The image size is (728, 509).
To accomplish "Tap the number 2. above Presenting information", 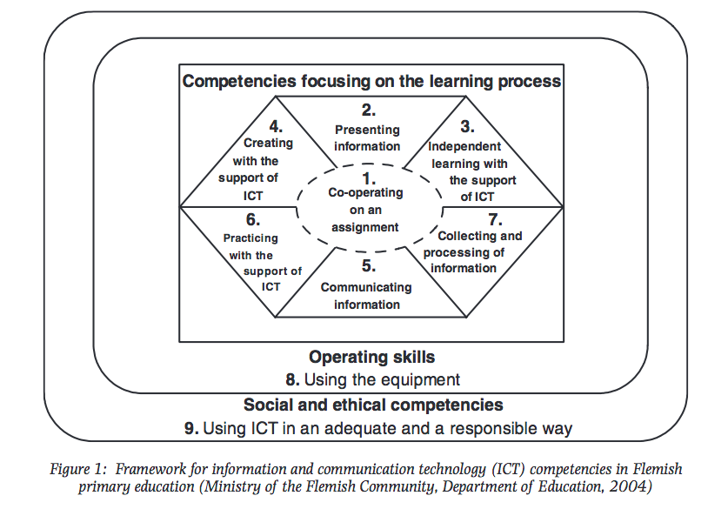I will pos(368,111).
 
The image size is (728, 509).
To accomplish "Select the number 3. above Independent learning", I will pos(467,126).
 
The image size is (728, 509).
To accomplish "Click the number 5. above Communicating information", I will pos(368,267).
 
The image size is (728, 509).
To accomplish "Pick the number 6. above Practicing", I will pos(252,221).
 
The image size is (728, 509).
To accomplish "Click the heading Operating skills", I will pos(371,357).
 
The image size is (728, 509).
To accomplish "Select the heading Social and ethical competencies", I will pos(373,405).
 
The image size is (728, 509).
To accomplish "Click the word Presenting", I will pos(367,130).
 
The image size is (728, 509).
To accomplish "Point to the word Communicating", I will pos(366,287).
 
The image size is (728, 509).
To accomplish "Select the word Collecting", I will pos(467,236).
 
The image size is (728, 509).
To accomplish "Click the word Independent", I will pos(464,146).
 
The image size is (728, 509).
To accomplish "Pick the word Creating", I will pos(268,144).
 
